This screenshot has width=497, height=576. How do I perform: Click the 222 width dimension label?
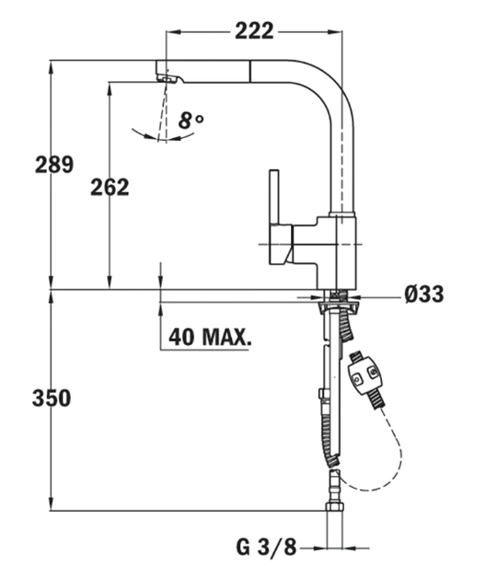click(254, 31)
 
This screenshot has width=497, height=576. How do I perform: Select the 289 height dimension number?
click(54, 164)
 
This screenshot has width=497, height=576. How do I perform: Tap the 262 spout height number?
click(110, 187)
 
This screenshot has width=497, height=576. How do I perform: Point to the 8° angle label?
click(191, 121)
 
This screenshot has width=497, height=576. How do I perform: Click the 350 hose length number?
click(52, 398)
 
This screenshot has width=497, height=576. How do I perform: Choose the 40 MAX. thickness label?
click(210, 337)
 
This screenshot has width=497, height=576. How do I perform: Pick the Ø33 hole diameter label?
click(424, 294)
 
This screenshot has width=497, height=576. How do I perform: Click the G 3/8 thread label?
click(266, 547)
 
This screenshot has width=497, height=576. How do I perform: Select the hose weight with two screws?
click(365, 378)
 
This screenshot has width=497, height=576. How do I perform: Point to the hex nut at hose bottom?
click(335, 507)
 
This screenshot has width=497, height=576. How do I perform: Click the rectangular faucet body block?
click(337, 253)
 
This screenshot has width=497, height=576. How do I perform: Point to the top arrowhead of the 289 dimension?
click(51, 66)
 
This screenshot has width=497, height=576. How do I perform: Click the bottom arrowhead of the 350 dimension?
click(51, 505)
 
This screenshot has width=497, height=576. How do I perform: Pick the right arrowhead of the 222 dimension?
click(335, 32)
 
